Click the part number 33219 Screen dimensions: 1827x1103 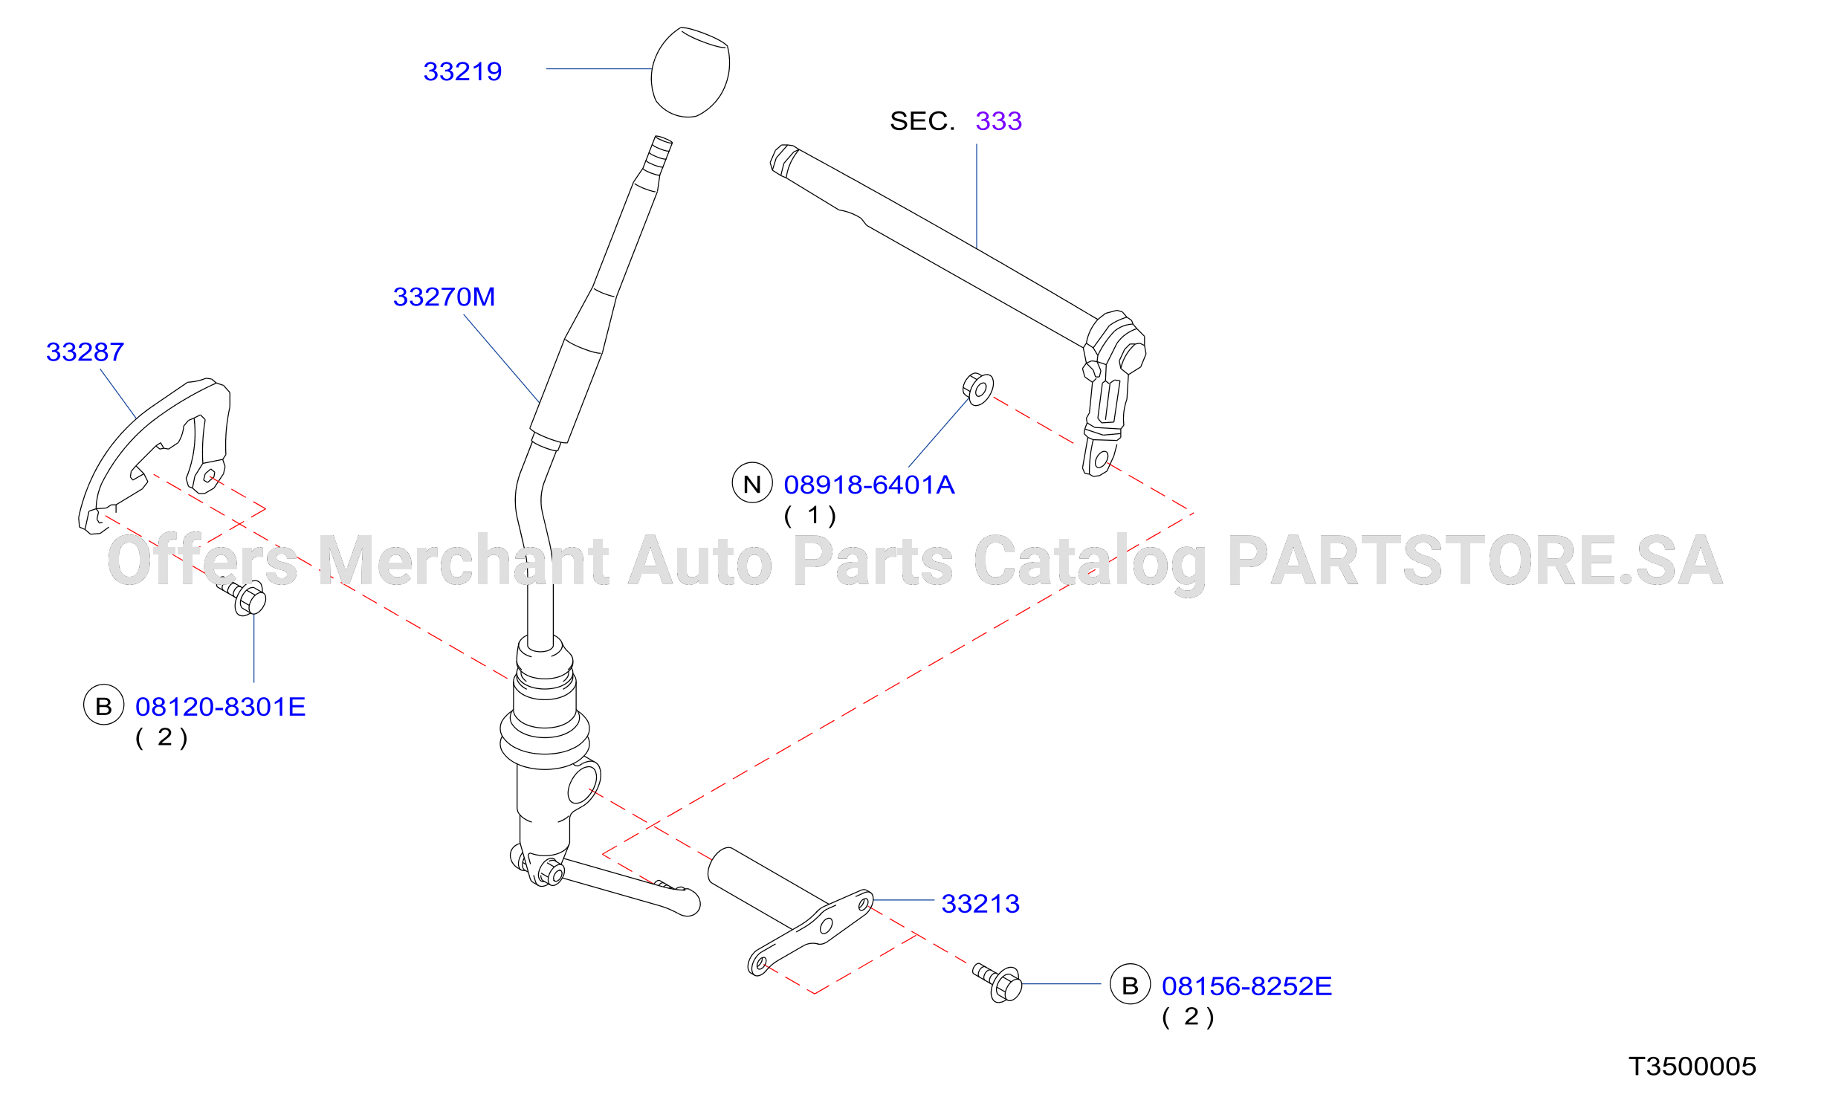(462, 71)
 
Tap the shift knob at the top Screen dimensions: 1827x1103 (691, 72)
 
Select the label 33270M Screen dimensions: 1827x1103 (444, 297)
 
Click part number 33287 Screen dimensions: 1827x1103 (85, 352)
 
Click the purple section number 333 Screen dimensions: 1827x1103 (998, 120)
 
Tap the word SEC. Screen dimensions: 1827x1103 (922, 120)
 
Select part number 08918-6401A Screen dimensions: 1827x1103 (869, 485)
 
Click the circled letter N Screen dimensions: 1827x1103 (752, 482)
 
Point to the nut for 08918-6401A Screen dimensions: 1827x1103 (978, 389)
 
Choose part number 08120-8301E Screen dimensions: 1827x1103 (220, 707)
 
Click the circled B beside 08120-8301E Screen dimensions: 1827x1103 (103, 705)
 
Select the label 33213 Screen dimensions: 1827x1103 (980, 904)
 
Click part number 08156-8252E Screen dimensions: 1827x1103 (1246, 986)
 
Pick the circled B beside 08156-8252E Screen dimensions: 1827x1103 (1130, 984)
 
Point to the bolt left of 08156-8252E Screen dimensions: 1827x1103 (998, 983)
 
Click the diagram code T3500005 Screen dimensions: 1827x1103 (1692, 1067)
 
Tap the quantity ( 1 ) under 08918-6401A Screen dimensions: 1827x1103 (810, 515)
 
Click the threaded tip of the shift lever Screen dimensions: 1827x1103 (659, 155)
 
